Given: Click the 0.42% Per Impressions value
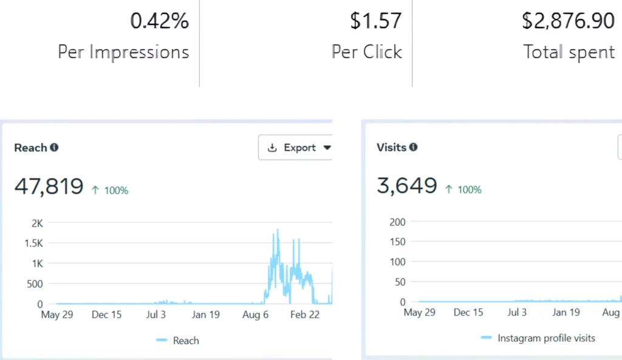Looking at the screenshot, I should pos(160,21).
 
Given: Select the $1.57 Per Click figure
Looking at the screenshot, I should pos(375,21).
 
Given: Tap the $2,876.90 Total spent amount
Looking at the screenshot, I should pos(568,21).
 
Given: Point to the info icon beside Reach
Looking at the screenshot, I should pos(54,147).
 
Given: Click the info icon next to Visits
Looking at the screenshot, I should pos(413,147).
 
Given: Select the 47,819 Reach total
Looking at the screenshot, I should pos(49,186).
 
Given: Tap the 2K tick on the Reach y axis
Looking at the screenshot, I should pos(37,223).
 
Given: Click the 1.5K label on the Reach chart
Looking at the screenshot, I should pos(33,243).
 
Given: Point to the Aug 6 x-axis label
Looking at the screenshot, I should pos(255,314).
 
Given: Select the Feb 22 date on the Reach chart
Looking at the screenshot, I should pos(305,314).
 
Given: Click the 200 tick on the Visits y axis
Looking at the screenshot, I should pos(397,222).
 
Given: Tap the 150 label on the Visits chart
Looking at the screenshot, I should pos(397,242).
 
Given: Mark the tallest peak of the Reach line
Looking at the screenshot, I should pos(278,229).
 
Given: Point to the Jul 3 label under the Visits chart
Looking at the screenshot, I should pos(517,313).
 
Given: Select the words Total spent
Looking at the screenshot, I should pos(569,52).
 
